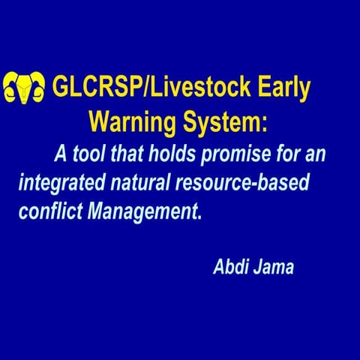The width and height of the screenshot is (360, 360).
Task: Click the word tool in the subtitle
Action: tap(88, 154)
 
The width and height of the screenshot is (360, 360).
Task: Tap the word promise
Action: tap(240, 155)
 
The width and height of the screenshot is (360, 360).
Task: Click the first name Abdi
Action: tap(231, 267)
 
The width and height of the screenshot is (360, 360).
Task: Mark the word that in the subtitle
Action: tap(128, 154)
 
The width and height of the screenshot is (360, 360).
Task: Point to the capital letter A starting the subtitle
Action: tap(60, 154)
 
